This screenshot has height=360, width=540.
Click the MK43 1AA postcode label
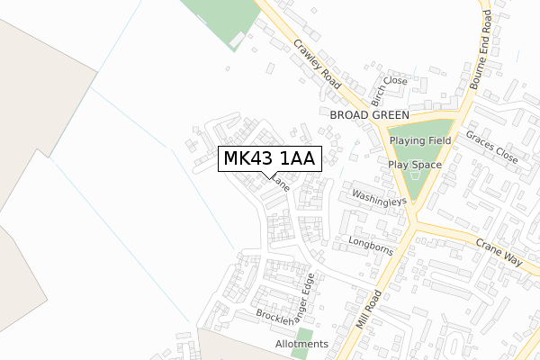[x=267, y=159]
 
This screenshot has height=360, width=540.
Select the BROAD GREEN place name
[x=369, y=116]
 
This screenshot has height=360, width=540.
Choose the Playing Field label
[x=420, y=141]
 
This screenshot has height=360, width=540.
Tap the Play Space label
[x=415, y=166]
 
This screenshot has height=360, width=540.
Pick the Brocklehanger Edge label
[x=287, y=303]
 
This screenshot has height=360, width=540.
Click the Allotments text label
[x=302, y=345]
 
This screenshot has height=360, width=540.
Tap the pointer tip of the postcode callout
[x=263, y=177]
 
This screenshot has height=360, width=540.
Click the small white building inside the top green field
[x=236, y=40]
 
